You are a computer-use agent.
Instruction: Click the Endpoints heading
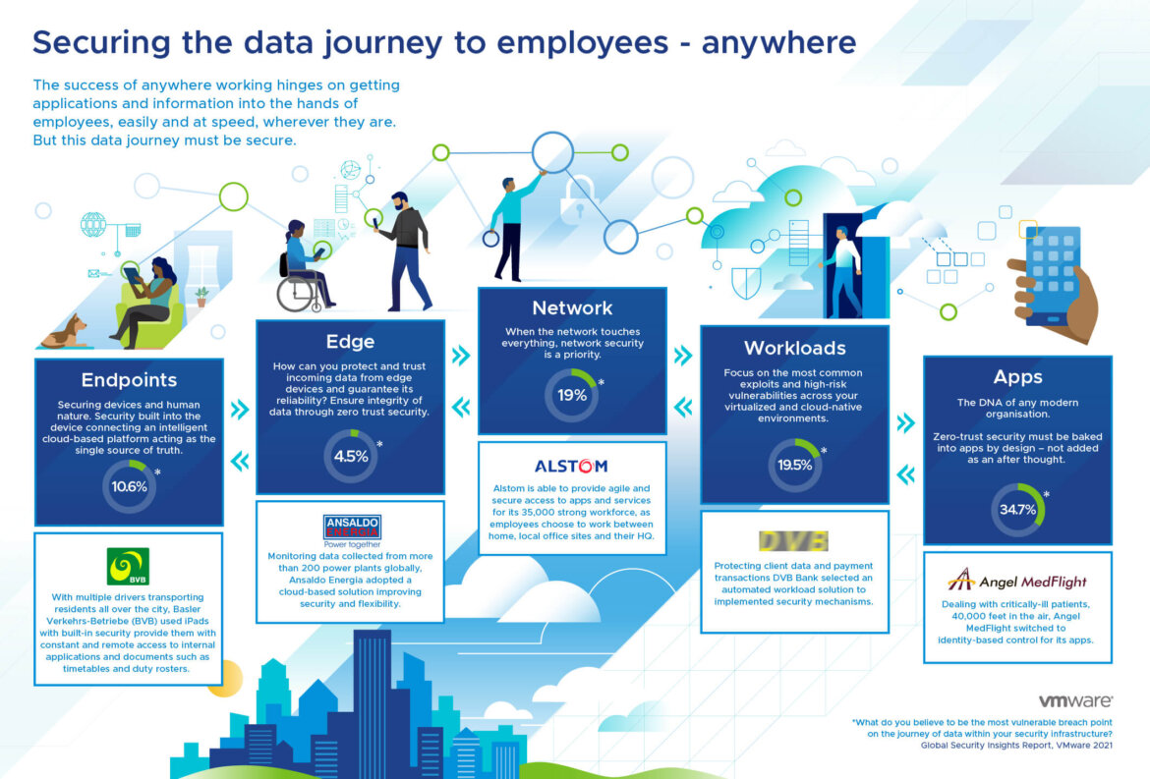point(129,380)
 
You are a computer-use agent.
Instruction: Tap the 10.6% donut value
point(129,486)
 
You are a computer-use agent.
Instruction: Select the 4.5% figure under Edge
point(350,456)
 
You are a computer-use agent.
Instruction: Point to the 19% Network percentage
point(571,395)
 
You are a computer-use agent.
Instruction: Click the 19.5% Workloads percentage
point(794,465)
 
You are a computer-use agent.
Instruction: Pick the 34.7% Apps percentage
point(1017,510)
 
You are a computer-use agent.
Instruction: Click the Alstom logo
point(571,466)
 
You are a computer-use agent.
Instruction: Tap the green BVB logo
point(129,567)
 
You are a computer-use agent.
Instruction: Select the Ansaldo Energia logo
point(351,529)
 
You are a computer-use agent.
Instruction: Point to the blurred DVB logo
point(794,541)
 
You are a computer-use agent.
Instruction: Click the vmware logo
point(1075,701)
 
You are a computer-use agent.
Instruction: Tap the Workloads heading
point(794,348)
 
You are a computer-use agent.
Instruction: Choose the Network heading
point(571,308)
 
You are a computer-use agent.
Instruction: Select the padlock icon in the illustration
point(576,196)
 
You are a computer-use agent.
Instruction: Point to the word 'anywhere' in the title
point(778,42)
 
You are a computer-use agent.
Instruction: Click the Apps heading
point(1017,377)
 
